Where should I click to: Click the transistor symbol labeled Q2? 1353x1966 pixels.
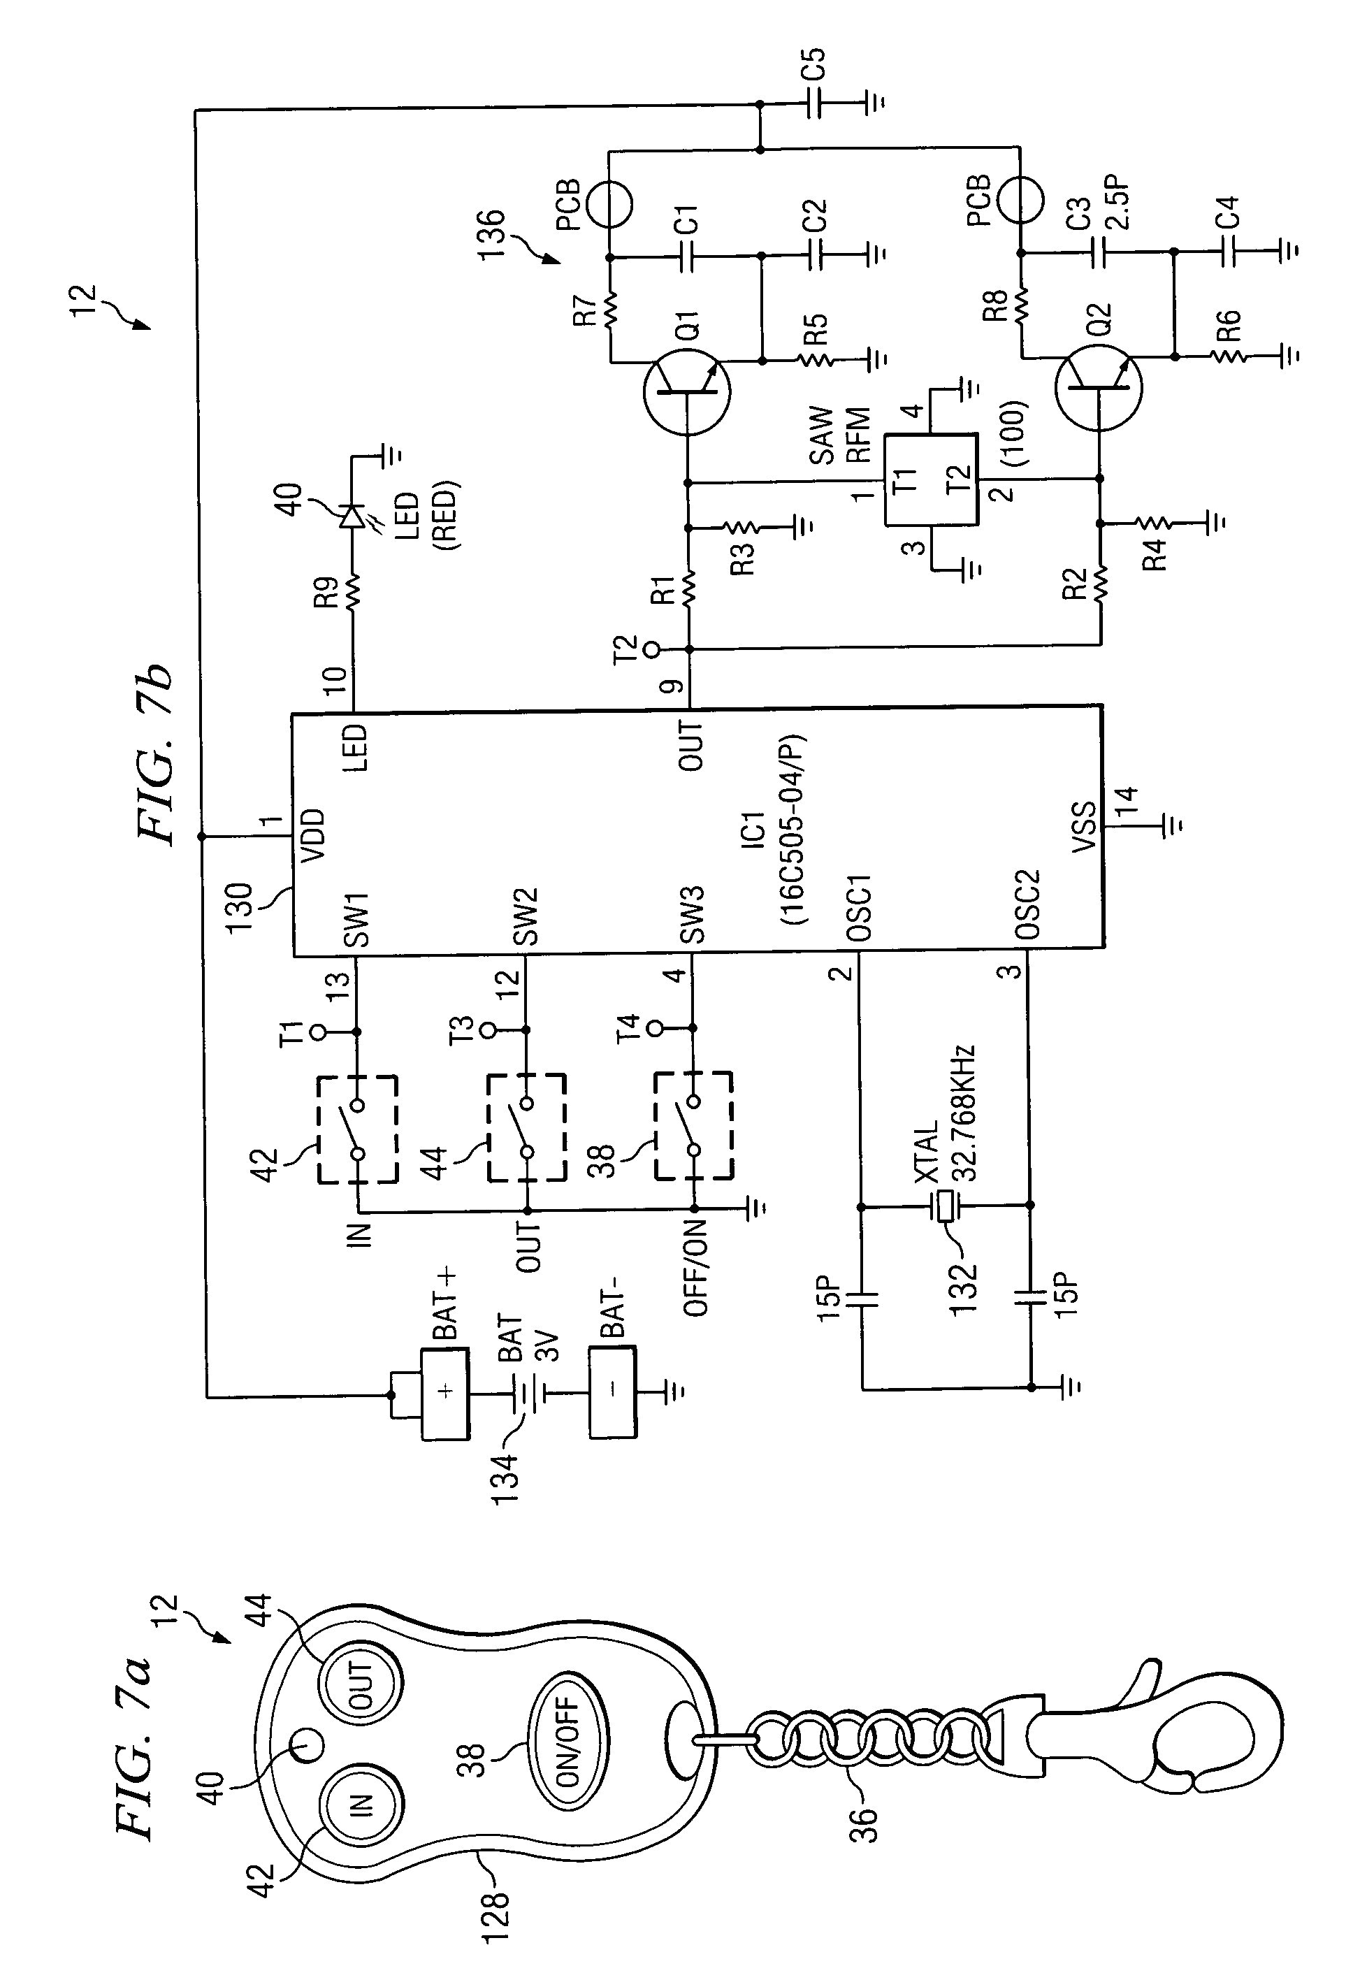coord(1099,389)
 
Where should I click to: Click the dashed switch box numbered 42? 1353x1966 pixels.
coord(358,1129)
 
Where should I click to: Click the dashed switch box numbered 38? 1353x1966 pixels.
coord(693,1126)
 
